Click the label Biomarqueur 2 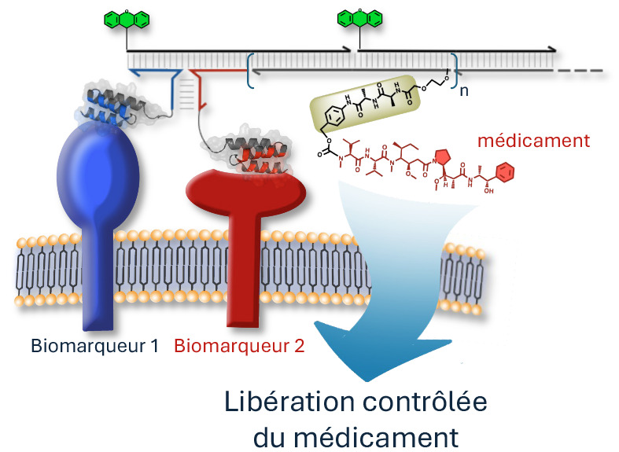point(238,345)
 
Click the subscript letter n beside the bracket point(465,90)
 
